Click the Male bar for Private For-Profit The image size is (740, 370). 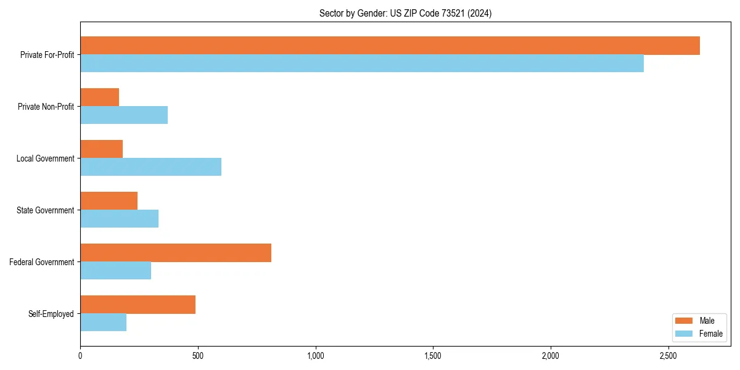[x=390, y=46]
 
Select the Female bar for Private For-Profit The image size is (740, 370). [x=362, y=64]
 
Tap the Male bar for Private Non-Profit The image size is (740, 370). [x=99, y=97]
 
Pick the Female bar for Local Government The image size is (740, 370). [x=150, y=167]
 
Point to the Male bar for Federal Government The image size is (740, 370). [x=176, y=253]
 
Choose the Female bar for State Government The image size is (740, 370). [x=119, y=219]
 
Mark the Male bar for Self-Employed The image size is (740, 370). [x=138, y=305]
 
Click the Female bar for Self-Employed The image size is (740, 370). [x=103, y=323]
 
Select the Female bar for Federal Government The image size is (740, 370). [x=115, y=271]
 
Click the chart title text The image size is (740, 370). [x=405, y=13]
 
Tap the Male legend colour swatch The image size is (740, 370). [x=684, y=321]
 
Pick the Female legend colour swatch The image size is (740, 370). [x=684, y=334]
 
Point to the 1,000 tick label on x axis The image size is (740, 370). [x=315, y=356]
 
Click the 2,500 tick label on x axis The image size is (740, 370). [x=668, y=356]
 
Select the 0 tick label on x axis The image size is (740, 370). [x=80, y=356]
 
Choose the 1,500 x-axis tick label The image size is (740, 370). [x=433, y=356]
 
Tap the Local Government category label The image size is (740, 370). [x=45, y=158]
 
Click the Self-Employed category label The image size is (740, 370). [x=51, y=314]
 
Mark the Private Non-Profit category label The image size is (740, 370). [x=46, y=107]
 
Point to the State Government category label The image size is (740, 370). [x=45, y=210]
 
